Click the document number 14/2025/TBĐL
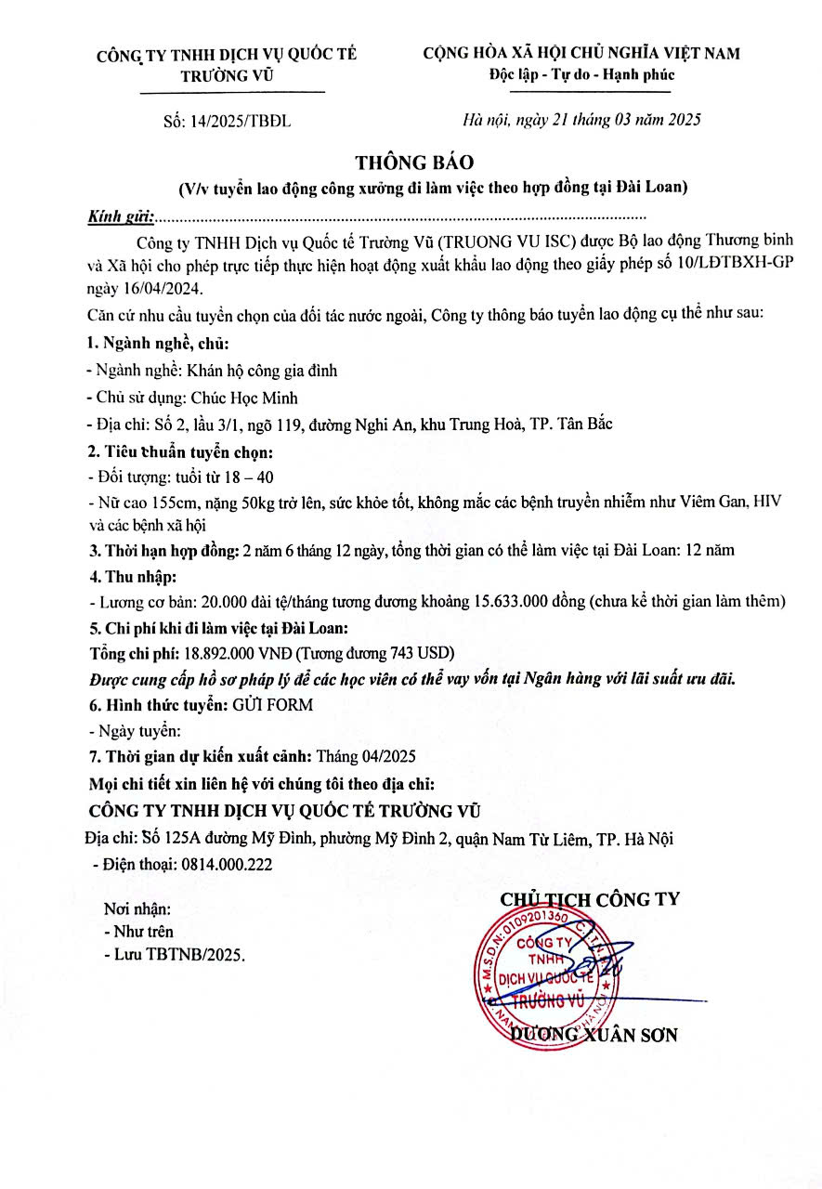(x=247, y=120)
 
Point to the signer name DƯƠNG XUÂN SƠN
(x=594, y=1034)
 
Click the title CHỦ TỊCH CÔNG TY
(x=590, y=899)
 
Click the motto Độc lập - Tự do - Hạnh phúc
(x=581, y=75)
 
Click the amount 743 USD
(x=405, y=652)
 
